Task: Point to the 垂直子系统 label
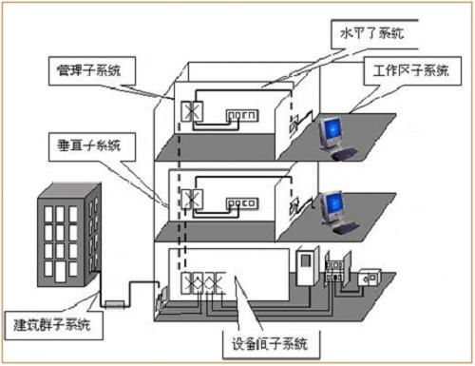(x=91, y=146)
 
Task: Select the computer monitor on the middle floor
(x=330, y=203)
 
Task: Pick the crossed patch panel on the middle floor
(x=190, y=201)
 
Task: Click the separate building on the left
(x=69, y=233)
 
